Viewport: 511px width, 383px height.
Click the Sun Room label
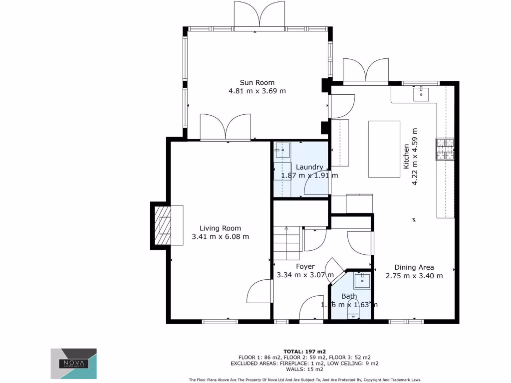coord(257,82)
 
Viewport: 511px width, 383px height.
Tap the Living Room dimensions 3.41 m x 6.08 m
coord(220,237)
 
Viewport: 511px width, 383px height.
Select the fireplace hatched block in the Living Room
coord(161,226)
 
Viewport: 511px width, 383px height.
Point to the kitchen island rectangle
coord(384,149)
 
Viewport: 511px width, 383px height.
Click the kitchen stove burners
coord(446,149)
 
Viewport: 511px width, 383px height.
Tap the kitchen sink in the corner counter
coord(421,92)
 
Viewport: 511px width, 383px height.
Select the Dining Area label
coord(414,267)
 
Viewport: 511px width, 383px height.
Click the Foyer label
coord(305,266)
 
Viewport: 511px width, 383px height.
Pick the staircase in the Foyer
coord(286,243)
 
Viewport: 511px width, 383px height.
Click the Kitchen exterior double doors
coord(366,70)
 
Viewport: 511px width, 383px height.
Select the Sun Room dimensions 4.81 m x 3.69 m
coord(257,91)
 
